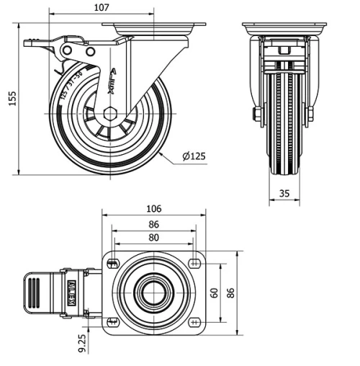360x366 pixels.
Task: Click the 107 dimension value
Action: click(x=102, y=7)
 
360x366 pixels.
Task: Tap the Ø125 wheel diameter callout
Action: click(x=194, y=156)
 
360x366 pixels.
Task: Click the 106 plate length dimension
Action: click(x=153, y=209)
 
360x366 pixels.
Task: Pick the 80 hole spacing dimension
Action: click(x=153, y=238)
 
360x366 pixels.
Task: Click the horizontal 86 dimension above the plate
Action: click(x=153, y=224)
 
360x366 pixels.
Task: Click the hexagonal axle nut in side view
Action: click(x=109, y=113)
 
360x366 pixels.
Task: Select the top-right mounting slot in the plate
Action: click(x=195, y=262)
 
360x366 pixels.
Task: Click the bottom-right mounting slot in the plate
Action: click(x=195, y=321)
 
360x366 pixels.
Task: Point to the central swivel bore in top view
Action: click(x=153, y=292)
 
